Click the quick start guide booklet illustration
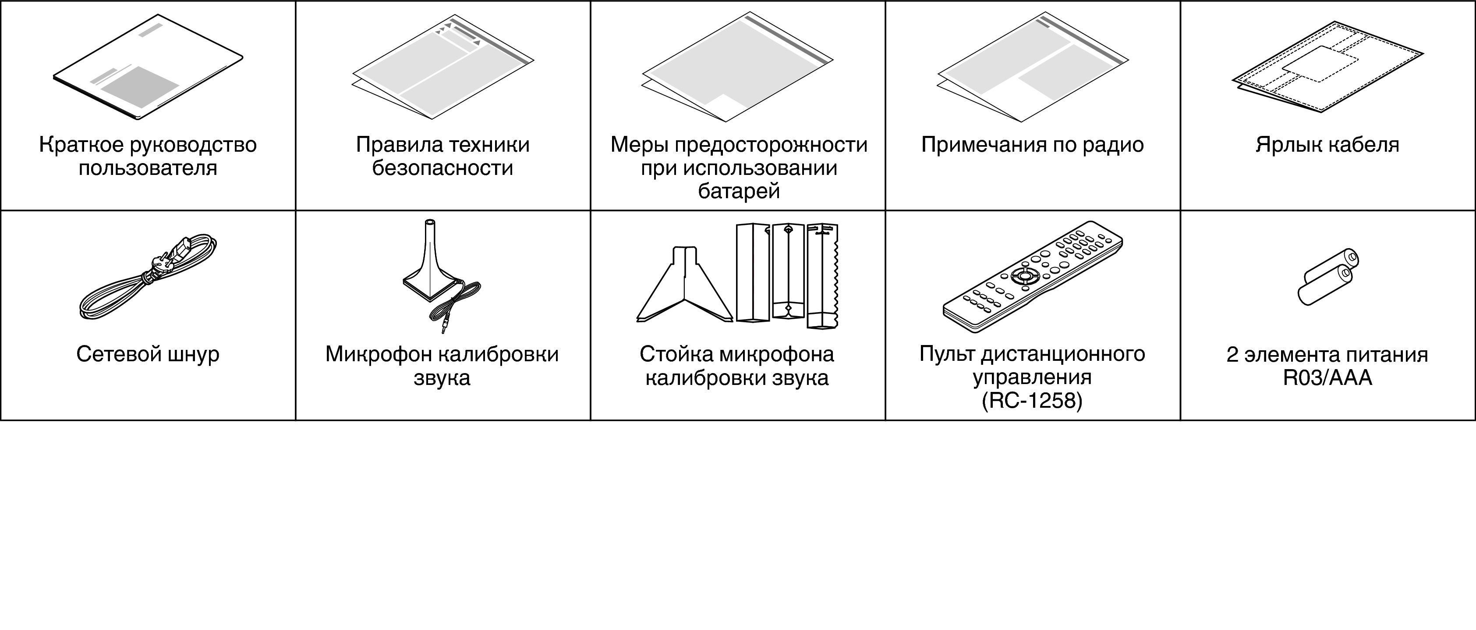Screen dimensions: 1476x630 (x=148, y=67)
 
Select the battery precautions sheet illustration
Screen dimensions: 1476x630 (x=737, y=68)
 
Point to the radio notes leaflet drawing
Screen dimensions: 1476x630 (x=1033, y=68)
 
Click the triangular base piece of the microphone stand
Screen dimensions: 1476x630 (x=685, y=285)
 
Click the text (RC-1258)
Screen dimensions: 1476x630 (x=1032, y=401)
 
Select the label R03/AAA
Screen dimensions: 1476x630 (x=1327, y=378)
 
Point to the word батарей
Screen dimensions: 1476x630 (x=739, y=191)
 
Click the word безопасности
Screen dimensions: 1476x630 (x=442, y=168)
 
